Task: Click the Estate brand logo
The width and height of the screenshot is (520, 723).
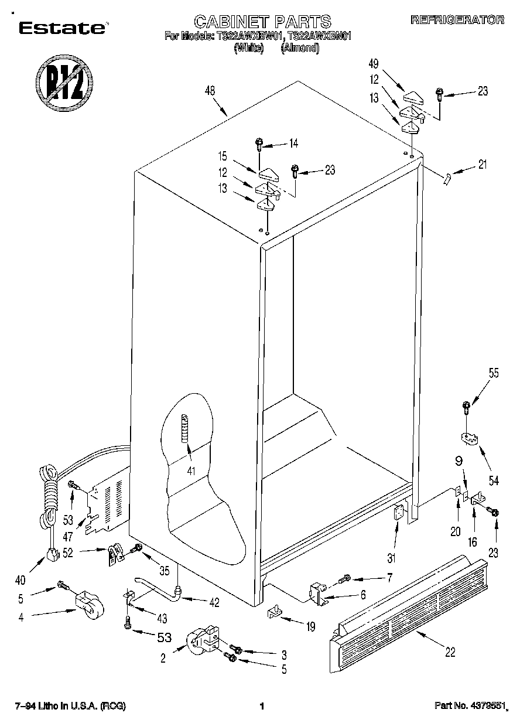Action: pyautogui.click(x=61, y=27)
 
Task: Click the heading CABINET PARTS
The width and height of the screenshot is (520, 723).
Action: pyautogui.click(x=262, y=22)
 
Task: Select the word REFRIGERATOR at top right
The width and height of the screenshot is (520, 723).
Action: pyautogui.click(x=457, y=20)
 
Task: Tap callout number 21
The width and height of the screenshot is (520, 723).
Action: pyautogui.click(x=482, y=165)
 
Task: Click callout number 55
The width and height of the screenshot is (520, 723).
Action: pyautogui.click(x=494, y=373)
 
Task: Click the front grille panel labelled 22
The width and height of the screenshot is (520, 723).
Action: pyautogui.click(x=408, y=612)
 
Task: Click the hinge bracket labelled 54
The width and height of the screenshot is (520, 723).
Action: pyautogui.click(x=467, y=437)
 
